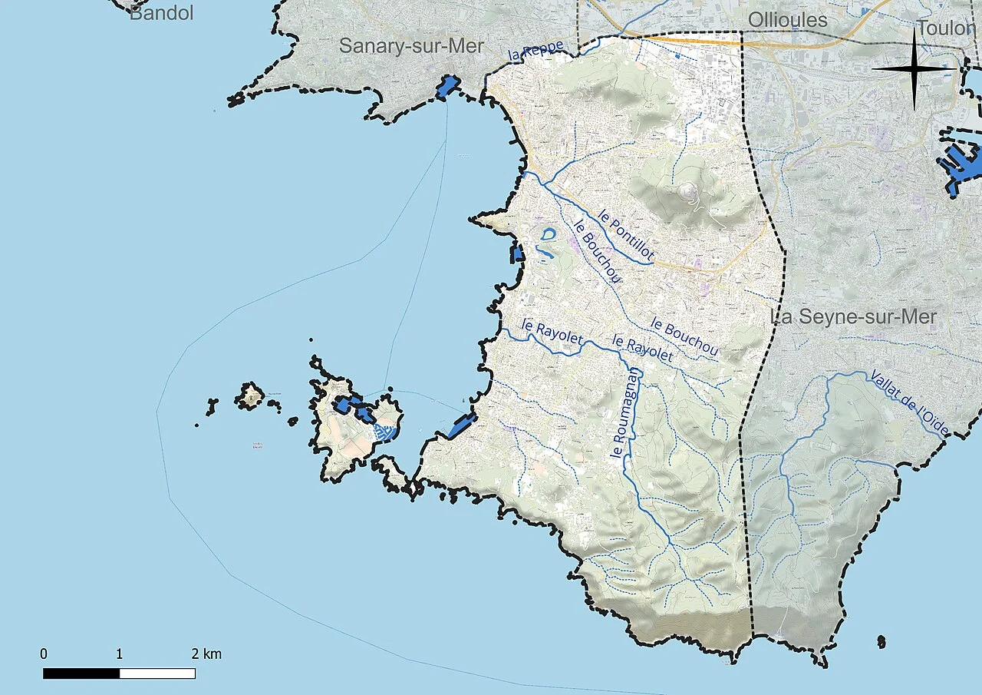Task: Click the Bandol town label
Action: [161, 12]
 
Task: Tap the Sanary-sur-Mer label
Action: [411, 46]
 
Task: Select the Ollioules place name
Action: [787, 21]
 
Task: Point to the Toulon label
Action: [949, 29]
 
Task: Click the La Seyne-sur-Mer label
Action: [853, 316]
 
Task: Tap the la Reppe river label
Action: [536, 51]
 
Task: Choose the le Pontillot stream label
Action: [627, 236]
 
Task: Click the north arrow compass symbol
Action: [915, 69]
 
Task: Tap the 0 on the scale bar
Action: [44, 654]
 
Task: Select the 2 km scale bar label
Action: [207, 654]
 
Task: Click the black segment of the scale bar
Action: [81, 673]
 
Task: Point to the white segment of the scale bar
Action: [157, 673]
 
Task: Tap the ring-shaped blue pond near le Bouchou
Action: [548, 234]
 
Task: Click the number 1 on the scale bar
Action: [120, 654]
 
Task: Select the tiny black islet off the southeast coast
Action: [881, 640]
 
